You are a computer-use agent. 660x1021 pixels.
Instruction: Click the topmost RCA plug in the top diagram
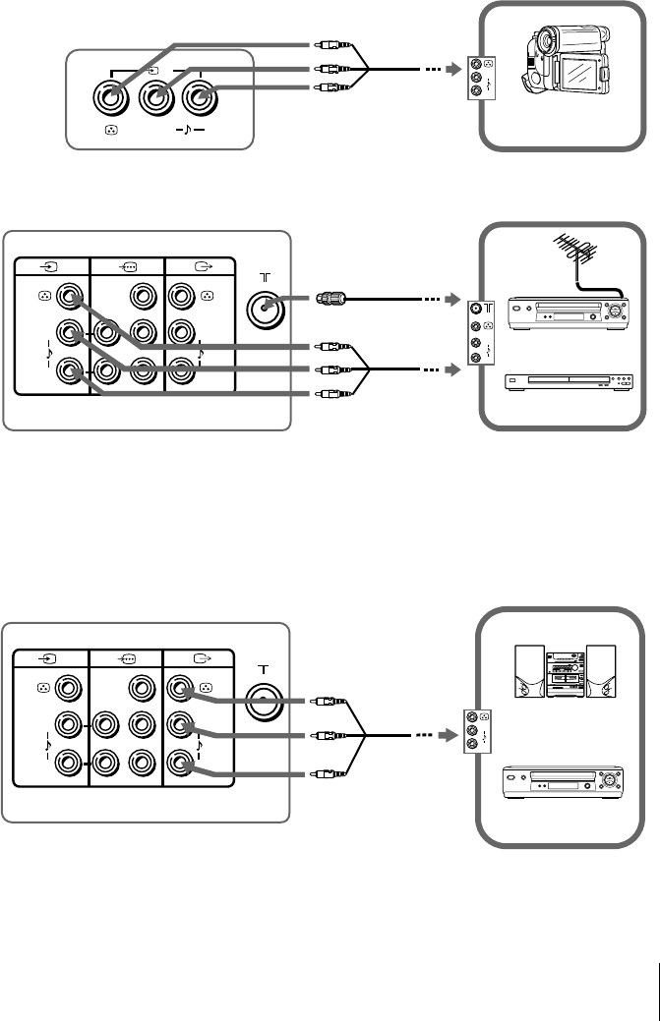click(327, 44)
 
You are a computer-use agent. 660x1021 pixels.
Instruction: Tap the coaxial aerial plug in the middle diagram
click(329, 298)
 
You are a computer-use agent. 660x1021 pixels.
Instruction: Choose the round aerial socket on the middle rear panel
click(265, 307)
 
